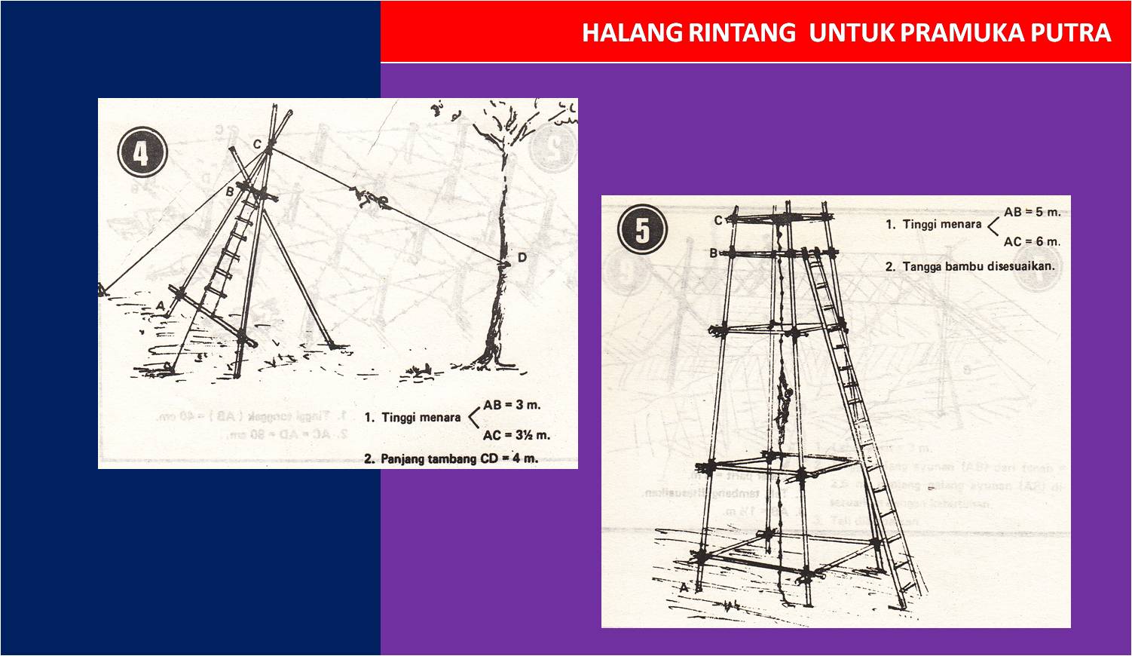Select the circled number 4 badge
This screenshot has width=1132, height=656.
click(142, 153)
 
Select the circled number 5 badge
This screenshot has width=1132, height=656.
click(641, 229)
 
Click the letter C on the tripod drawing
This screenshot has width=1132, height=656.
click(257, 144)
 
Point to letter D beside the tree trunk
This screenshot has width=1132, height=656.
click(522, 258)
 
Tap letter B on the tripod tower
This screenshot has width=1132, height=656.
click(231, 192)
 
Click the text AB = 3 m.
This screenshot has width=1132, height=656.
click(512, 405)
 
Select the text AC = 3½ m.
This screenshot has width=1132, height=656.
click(516, 435)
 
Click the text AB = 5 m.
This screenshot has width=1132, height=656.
click(1032, 212)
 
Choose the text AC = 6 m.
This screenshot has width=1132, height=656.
click(1032, 242)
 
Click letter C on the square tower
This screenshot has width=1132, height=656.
click(718, 220)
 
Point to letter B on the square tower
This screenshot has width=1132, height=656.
click(713, 253)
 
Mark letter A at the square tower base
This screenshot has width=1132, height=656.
click(684, 587)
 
